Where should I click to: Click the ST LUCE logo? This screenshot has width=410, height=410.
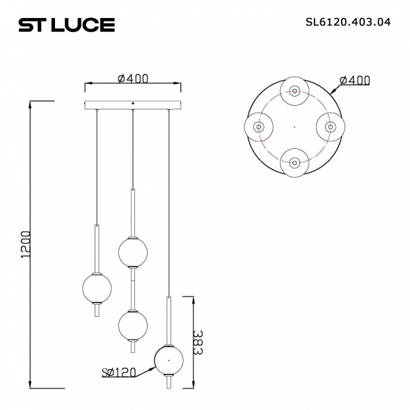66,24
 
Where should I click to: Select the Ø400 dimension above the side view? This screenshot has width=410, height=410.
132,79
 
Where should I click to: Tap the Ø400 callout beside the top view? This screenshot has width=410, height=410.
354,81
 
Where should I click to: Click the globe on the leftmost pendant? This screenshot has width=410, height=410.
96,287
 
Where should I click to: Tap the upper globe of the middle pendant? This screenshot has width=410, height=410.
132,252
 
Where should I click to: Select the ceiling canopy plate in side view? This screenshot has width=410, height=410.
132,107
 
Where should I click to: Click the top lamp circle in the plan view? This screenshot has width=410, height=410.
294,91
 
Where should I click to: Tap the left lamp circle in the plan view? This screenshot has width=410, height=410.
258,127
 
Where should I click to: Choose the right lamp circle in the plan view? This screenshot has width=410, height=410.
330,127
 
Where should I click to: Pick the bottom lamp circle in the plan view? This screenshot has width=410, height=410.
294,163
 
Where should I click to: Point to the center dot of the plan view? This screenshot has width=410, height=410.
294,127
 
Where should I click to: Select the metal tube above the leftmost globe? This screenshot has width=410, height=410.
96,247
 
